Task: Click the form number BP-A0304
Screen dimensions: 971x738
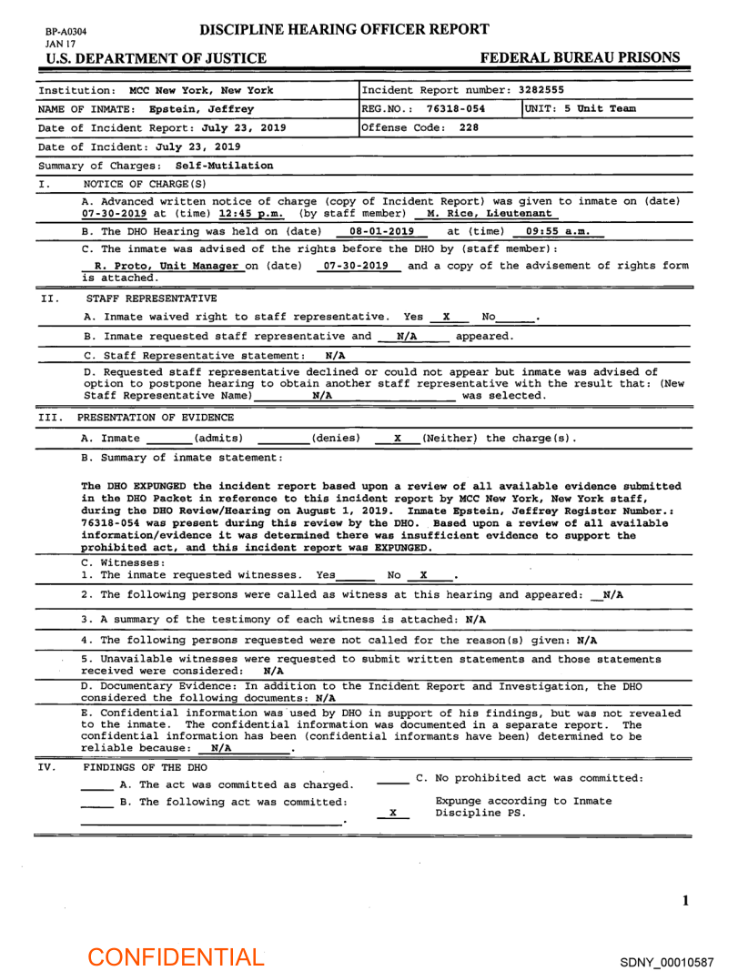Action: click(66, 31)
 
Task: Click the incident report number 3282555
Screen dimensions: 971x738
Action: click(541, 90)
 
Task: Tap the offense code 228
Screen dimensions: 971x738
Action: click(469, 127)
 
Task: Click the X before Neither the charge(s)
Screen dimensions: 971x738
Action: click(398, 439)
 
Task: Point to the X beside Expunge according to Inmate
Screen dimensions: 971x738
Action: click(392, 812)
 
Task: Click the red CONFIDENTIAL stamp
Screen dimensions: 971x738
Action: click(176, 956)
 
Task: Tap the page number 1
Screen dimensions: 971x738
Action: click(685, 901)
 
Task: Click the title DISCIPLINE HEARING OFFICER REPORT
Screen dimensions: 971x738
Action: click(345, 29)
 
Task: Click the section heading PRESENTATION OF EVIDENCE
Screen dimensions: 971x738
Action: click(157, 419)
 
